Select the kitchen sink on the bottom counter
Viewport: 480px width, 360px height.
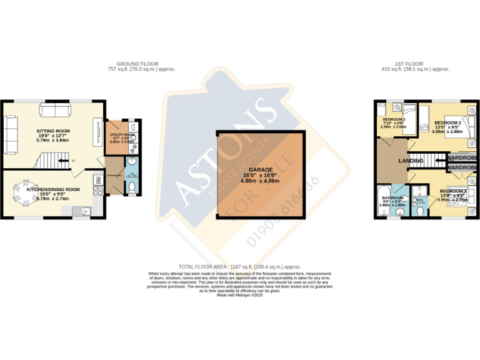pos(81,211)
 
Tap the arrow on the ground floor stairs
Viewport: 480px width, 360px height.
pos(62,161)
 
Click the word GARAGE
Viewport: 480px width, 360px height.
pos(261,169)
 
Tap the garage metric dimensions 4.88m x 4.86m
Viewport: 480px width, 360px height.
pos(261,181)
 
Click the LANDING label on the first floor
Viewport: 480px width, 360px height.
pos(411,161)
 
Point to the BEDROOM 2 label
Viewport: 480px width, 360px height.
pos(447,122)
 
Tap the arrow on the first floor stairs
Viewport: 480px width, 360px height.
pos(431,161)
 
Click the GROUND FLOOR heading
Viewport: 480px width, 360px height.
pos(137,64)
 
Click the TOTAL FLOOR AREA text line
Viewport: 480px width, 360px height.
pos(239,267)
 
